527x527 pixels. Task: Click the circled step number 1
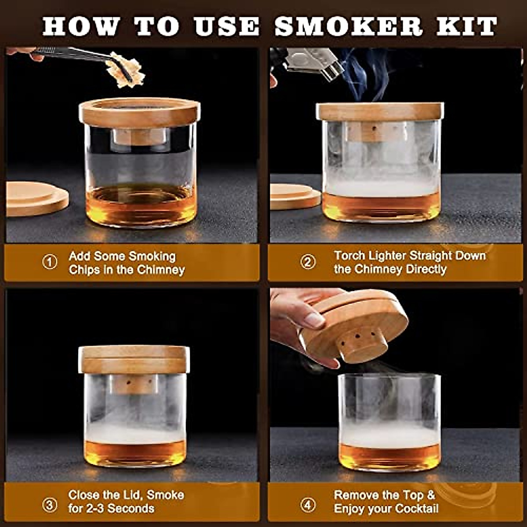click(x=50, y=262)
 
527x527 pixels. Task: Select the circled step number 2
click(x=308, y=262)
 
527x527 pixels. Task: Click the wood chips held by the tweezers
click(x=127, y=70)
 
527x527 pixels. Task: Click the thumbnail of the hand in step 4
click(x=314, y=319)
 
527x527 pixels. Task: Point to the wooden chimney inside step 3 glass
click(x=134, y=384)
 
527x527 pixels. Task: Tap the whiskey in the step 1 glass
click(x=141, y=204)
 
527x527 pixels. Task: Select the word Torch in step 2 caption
click(x=349, y=256)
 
